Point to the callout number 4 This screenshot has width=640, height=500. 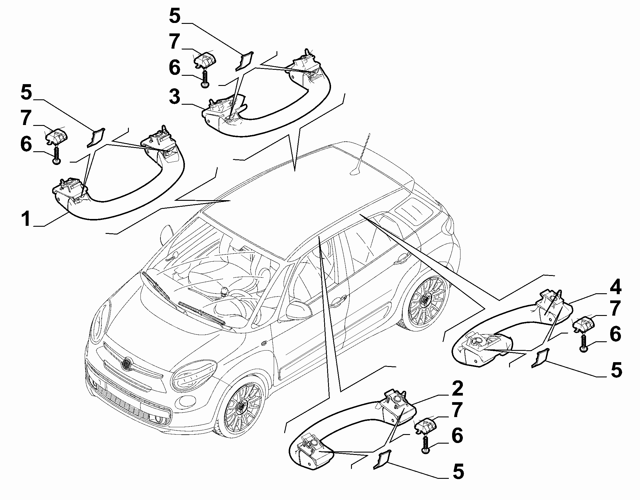[x=613, y=288]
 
